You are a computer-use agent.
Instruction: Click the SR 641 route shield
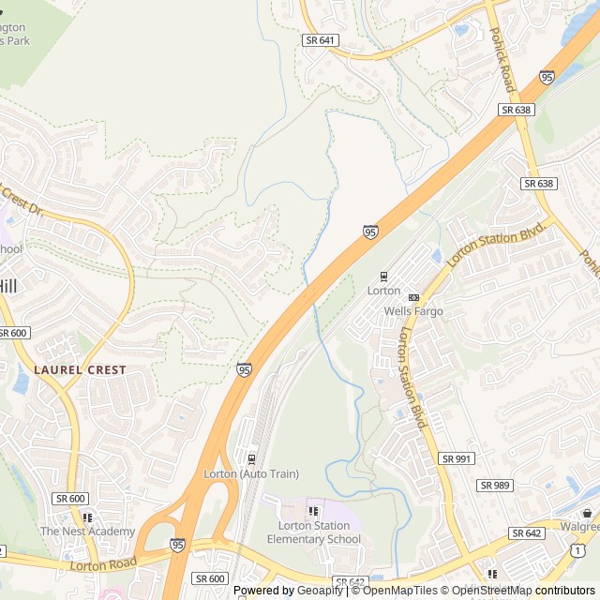click(320, 40)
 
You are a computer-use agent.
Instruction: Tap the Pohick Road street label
click(502, 59)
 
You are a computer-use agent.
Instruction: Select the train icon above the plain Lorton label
click(382, 277)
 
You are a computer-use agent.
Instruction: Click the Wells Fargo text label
click(412, 311)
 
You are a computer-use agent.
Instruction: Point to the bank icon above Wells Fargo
click(412, 297)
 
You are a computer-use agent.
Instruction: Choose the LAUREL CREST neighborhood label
click(80, 370)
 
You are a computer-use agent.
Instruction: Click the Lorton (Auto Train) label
click(251, 473)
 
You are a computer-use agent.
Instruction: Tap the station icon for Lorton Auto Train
click(251, 458)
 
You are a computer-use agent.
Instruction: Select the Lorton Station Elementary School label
click(313, 532)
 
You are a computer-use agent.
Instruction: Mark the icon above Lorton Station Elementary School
click(313, 511)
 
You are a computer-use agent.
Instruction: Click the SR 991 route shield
click(457, 458)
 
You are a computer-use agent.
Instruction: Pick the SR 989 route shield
click(495, 485)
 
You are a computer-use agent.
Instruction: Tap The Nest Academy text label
click(87, 532)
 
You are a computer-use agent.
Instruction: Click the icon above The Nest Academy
click(87, 517)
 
